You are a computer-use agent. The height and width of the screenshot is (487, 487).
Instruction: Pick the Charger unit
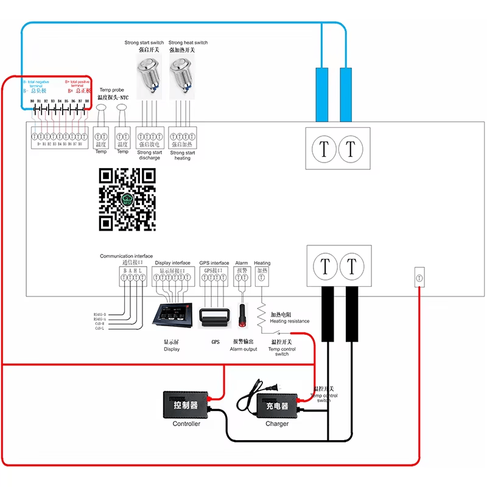[x=277, y=405]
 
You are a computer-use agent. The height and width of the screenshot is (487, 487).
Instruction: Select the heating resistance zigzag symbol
[x=262, y=314]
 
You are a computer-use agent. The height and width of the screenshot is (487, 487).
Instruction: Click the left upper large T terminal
[x=324, y=149]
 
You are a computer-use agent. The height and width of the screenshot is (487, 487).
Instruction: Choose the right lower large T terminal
[x=351, y=266]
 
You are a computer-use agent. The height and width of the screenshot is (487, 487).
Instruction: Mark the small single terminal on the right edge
[x=419, y=277]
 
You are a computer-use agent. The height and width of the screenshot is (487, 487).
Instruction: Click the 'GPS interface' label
[x=214, y=263]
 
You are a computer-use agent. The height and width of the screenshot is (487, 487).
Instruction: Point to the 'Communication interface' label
[x=127, y=256]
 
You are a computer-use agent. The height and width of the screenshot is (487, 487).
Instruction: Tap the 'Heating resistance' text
[x=289, y=321]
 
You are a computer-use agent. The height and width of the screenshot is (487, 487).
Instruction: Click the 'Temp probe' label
[x=112, y=90]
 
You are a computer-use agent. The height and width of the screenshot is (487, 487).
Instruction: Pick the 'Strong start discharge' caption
[x=149, y=155]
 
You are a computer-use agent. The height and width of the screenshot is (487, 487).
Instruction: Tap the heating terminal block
[x=262, y=278]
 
